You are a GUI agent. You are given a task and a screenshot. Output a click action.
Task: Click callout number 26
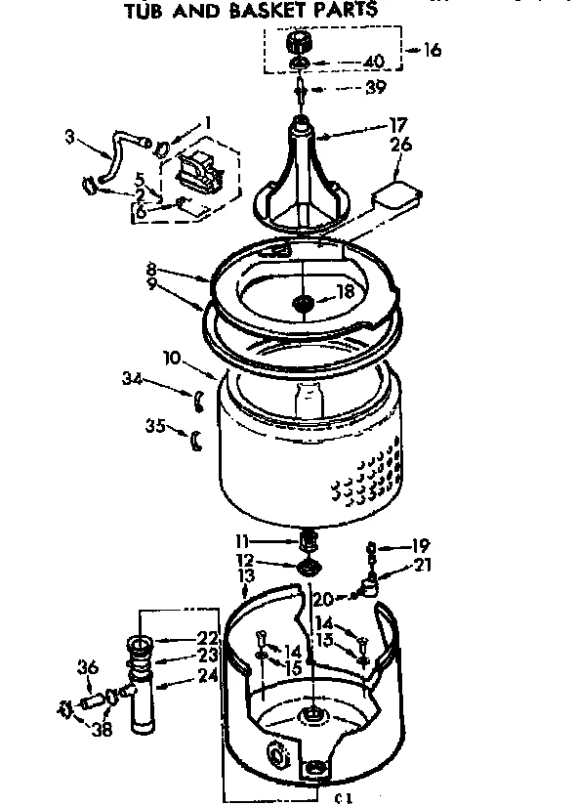pyautogui.click(x=400, y=145)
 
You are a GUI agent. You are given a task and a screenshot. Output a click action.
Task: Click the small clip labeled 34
pyautogui.click(x=196, y=395)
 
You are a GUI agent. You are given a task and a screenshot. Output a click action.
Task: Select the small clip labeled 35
pyautogui.click(x=195, y=440)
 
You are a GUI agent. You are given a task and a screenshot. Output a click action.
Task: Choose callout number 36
pyautogui.click(x=88, y=668)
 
